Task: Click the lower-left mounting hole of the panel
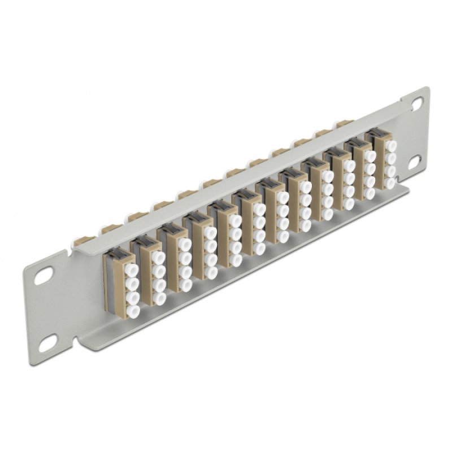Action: (49, 340)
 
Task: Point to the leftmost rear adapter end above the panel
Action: (107, 229)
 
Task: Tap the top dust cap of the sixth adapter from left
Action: (259, 210)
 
